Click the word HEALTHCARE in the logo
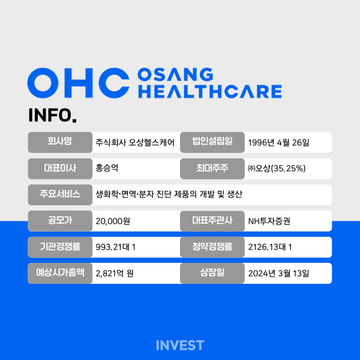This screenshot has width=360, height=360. coord(209,91)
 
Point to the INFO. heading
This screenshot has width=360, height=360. coord(52,115)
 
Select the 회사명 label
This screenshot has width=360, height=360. coord(60,142)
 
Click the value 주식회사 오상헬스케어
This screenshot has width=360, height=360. coord(135,143)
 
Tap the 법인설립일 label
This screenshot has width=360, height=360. coord(212,142)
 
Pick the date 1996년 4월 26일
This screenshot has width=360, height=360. coord(279,143)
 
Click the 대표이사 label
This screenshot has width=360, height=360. coord(60,169)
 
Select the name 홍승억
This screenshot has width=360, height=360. coord(107,169)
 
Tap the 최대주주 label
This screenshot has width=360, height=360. coord(212,169)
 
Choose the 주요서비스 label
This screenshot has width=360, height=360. coord(60,194)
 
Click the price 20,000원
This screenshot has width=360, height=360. coord(113,221)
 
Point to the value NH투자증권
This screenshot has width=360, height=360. coord(269,221)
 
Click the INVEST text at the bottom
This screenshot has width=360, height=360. coord(180,346)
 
